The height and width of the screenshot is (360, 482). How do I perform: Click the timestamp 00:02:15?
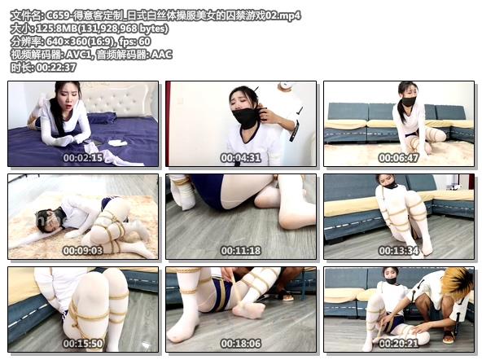pyautogui.click(x=83, y=158)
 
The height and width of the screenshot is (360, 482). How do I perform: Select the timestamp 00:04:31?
pyautogui.click(x=241, y=158)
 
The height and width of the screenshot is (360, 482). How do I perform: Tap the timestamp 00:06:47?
pyautogui.click(x=399, y=158)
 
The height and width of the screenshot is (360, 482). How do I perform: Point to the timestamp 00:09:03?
pyautogui.click(x=83, y=251)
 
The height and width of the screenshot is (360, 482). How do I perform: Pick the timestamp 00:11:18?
pyautogui.click(x=241, y=251)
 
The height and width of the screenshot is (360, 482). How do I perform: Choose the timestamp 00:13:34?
pyautogui.click(x=399, y=251)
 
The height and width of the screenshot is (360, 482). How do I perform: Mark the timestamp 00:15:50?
pyautogui.click(x=83, y=345)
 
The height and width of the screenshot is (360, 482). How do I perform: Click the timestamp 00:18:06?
pyautogui.click(x=241, y=345)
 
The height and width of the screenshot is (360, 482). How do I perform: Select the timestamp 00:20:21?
pyautogui.click(x=399, y=345)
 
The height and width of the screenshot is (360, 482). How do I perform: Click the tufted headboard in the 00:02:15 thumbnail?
pyautogui.click(x=122, y=99)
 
